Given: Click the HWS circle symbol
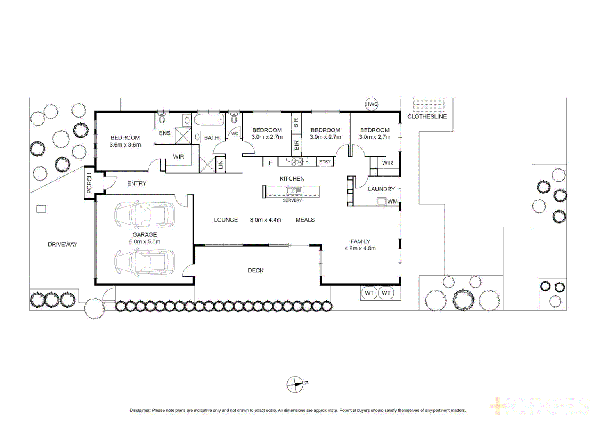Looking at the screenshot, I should coord(371,104).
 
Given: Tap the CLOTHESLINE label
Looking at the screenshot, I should coord(427,117).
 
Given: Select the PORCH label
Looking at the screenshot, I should coord(89,183).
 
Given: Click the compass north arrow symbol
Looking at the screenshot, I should coord(295,384).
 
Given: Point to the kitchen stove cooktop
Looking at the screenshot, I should coord(297,161).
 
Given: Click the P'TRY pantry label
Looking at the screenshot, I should coord(325,161).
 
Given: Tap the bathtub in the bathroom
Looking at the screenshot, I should coord(209,120).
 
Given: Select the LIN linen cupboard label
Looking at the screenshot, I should coord(221,165).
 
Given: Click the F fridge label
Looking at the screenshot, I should coord(270,163).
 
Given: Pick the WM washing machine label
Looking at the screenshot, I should coord(392,202).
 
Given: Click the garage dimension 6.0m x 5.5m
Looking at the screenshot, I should coord(144,242).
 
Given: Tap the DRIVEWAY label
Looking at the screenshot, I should coord(62,245).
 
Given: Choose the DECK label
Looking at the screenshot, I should coord(256,270).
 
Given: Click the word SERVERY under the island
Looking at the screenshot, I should coord(292,200).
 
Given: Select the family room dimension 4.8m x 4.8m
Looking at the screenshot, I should coord(360,249).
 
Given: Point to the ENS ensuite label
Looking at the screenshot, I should coord(165,133).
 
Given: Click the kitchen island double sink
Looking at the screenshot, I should coord(294,191).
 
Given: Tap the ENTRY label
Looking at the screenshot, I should coord(137,183).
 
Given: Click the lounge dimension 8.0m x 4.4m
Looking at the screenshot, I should coord(265,220).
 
